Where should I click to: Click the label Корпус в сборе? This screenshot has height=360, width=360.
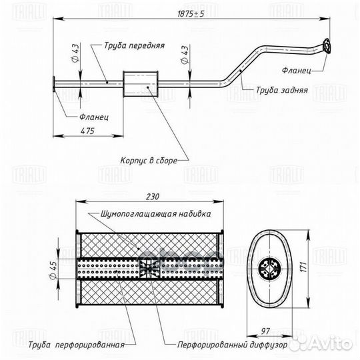(147, 160)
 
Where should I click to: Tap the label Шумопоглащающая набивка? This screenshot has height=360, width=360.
(155, 215)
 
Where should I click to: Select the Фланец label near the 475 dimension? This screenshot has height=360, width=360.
(94, 116)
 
